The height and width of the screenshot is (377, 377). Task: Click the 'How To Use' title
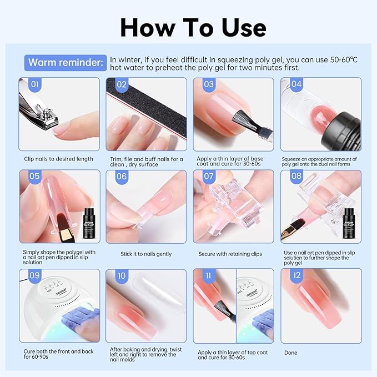tap(193, 26)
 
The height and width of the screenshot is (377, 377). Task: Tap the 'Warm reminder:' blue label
tap(66, 62)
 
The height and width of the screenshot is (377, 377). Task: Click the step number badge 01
tap(34, 85)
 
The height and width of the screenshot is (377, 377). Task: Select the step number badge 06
tap(121, 177)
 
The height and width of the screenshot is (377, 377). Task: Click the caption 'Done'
tap(290, 353)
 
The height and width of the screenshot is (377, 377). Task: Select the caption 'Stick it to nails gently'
tap(146, 254)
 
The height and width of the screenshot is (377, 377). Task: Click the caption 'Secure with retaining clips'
tap(230, 254)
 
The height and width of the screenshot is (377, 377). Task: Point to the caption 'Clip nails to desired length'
tap(59, 159)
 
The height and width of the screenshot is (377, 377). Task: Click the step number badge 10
tap(121, 276)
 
